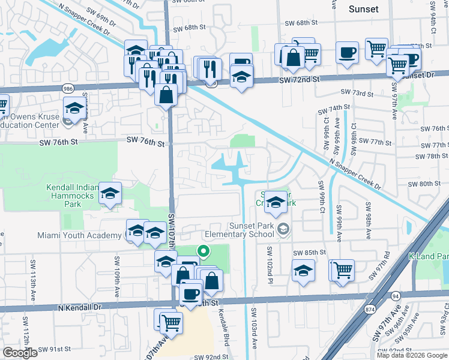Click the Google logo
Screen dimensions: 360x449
coord(20,353)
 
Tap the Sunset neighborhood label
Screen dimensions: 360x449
coord(364,9)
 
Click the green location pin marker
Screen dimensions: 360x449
coord(203,252)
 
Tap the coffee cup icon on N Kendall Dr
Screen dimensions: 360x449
coord(191,294)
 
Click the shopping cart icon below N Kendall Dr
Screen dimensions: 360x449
coord(171,322)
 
